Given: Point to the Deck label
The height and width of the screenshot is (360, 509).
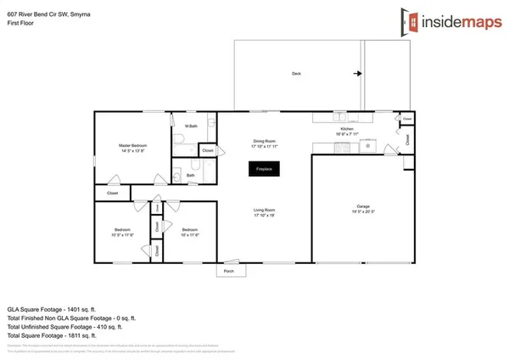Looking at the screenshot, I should [x=296, y=74].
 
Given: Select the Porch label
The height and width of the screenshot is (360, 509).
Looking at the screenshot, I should [x=229, y=272].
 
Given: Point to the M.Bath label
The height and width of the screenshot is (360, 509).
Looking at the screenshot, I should [x=191, y=127].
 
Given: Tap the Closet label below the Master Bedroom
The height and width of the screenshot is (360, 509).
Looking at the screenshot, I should [x=112, y=194].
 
